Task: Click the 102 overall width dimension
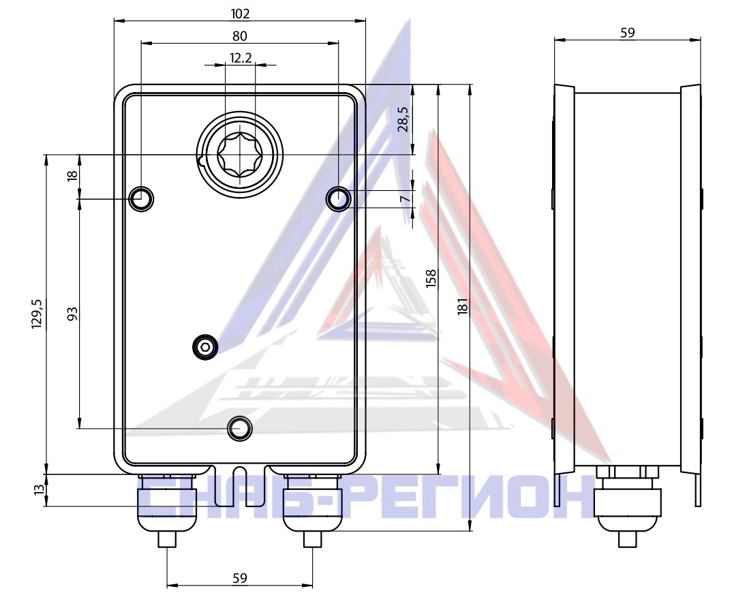[241, 14]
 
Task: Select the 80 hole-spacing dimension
[240, 36]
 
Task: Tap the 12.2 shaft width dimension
[241, 58]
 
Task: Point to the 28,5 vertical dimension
[403, 119]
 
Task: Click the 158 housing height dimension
[431, 278]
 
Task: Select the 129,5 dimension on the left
[37, 314]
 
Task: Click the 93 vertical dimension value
[72, 314]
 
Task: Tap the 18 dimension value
[72, 176]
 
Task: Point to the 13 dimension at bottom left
[40, 490]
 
